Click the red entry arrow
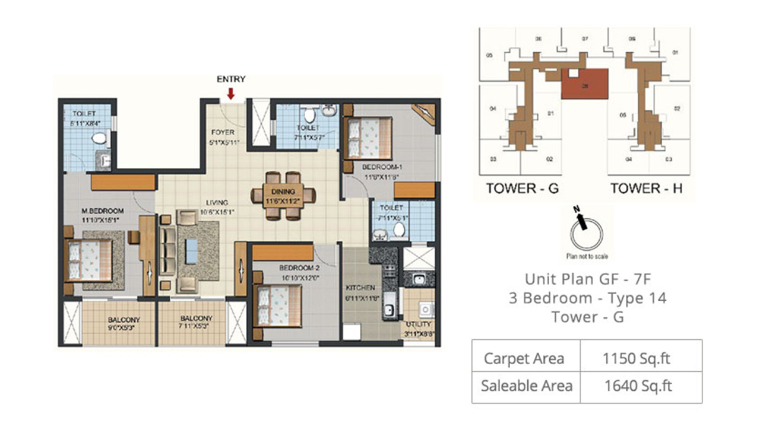[x=231, y=93]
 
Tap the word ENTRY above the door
[x=231, y=79]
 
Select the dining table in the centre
[x=283, y=195]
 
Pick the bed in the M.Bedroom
[x=89, y=260]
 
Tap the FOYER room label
[x=223, y=132]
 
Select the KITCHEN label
[x=360, y=288]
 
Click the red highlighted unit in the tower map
[x=585, y=84]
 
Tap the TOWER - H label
[x=647, y=189]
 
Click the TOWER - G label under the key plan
[x=522, y=189]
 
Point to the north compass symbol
[x=585, y=232]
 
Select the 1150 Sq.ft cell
[x=638, y=358]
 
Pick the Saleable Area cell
[x=526, y=386]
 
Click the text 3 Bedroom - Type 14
[x=587, y=298]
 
